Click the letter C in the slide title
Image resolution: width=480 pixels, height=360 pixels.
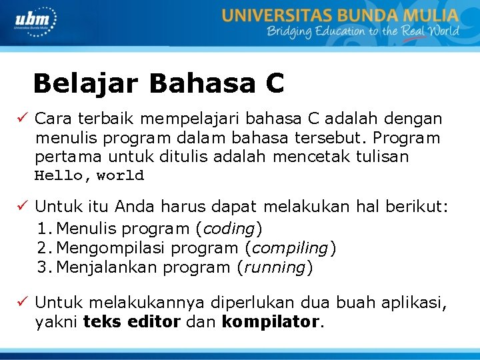(274, 84)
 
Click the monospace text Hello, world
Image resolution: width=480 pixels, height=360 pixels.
(89, 176)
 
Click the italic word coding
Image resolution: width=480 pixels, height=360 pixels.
(228, 229)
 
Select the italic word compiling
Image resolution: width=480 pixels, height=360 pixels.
(290, 248)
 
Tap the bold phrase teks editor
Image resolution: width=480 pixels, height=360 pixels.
(131, 323)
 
